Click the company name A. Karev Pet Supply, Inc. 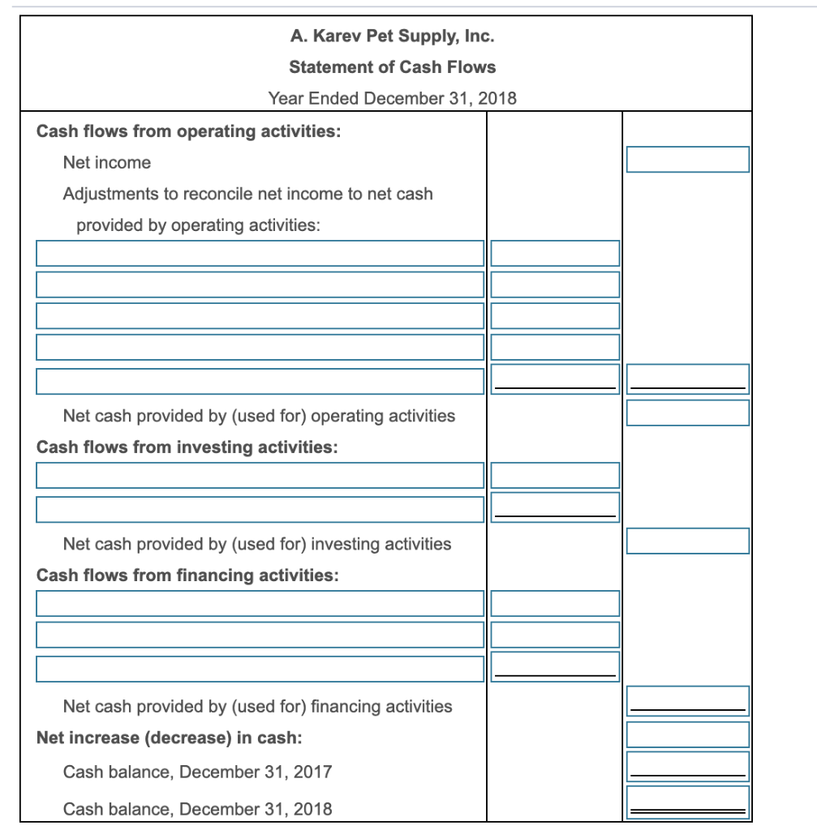click(x=392, y=36)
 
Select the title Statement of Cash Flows click(x=392, y=67)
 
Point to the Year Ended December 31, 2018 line click(x=392, y=99)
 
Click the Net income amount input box click(x=687, y=160)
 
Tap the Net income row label click(x=107, y=163)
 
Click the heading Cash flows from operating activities click(x=188, y=131)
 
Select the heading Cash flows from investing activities click(x=187, y=447)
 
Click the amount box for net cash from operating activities click(x=687, y=413)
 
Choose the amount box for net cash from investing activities click(x=687, y=541)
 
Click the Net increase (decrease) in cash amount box click(x=687, y=734)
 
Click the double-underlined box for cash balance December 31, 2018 click(x=687, y=802)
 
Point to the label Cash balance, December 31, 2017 click(x=197, y=772)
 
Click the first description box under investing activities click(x=260, y=476)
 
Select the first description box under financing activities click(x=260, y=604)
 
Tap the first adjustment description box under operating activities click(x=260, y=254)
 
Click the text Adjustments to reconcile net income click(x=247, y=195)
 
